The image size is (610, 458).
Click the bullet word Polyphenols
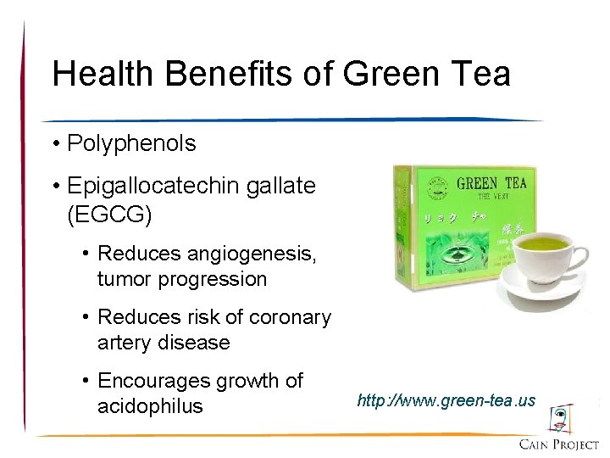[131, 143]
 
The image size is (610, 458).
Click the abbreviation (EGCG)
[109, 214]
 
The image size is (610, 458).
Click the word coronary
[287, 317]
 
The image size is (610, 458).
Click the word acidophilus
[150, 406]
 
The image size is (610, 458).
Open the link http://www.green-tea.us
[446, 399]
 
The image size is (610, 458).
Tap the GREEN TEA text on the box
[491, 183]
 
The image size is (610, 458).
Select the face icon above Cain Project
[560, 418]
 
